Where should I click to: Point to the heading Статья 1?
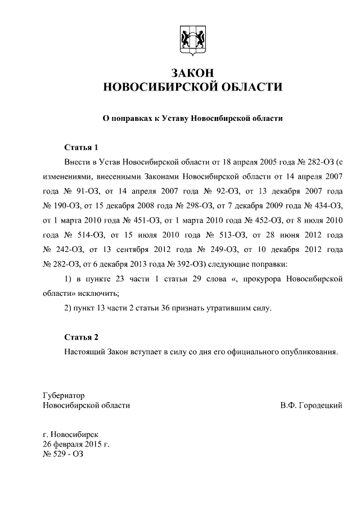point(81,148)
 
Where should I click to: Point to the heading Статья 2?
point(81,337)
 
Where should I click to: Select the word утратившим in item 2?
point(229,308)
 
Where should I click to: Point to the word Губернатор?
point(64,396)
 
